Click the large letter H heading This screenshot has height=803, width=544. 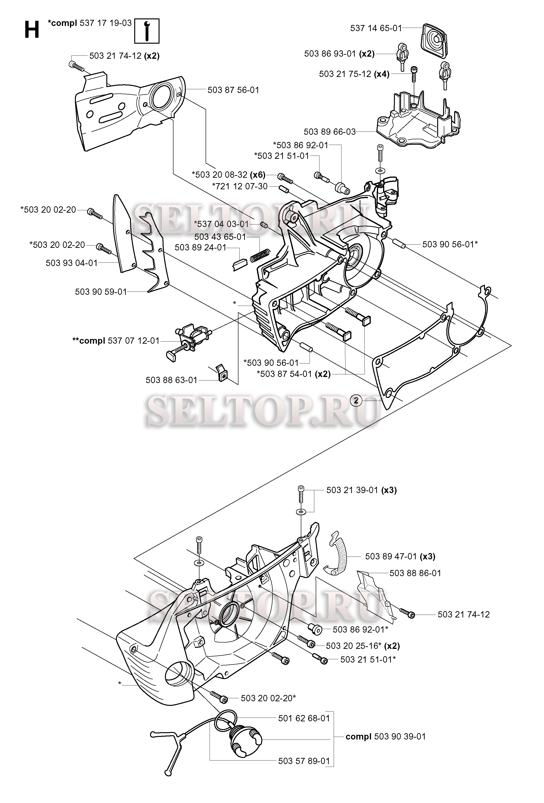point(32,30)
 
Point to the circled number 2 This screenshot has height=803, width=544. point(356,401)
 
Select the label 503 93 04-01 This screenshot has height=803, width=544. point(72,263)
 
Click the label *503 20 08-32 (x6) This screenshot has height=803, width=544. point(228,174)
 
